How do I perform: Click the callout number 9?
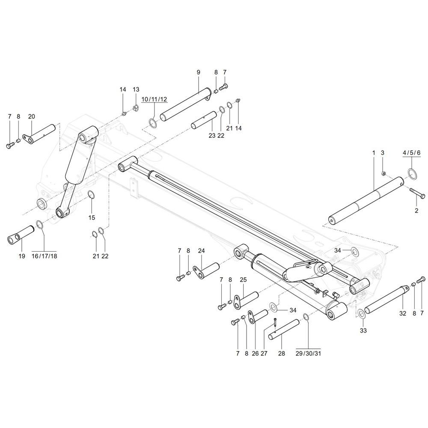198,72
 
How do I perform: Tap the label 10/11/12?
154,99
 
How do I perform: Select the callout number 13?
136,89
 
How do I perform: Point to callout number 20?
31,116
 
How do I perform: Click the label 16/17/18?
44,256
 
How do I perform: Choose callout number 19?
22,256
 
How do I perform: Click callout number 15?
92,217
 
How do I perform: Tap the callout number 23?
212,136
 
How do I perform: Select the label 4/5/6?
412,153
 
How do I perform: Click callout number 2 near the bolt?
416,211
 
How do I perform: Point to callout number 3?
383,153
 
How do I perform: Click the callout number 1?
373,153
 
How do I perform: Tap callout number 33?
363,331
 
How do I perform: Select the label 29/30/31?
308,354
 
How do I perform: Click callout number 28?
281,354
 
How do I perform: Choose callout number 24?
201,250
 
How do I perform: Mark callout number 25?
243,280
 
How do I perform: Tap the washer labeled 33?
362,313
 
